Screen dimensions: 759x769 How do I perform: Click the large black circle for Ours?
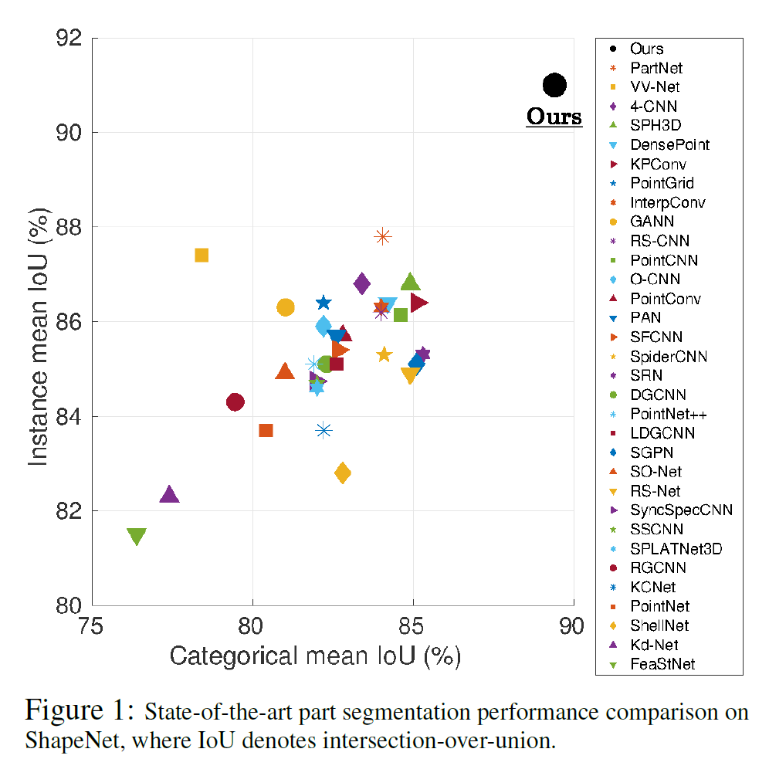[x=554, y=85]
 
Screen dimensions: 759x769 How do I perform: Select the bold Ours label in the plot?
[x=554, y=117]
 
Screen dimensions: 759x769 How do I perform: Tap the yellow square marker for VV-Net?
[x=202, y=255]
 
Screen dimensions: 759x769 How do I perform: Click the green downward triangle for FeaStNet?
[x=137, y=537]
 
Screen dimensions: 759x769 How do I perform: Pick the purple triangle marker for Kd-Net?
[x=169, y=495]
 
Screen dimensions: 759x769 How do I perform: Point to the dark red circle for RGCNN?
[x=235, y=402]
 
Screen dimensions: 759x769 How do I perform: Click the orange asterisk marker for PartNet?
[x=382, y=236]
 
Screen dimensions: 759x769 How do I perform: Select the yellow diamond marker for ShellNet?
[x=343, y=473]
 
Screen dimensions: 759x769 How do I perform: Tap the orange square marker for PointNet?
[x=266, y=430]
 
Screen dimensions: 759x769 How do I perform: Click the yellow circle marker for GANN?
[x=286, y=307]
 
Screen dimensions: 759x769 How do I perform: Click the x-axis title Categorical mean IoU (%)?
[x=315, y=656]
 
